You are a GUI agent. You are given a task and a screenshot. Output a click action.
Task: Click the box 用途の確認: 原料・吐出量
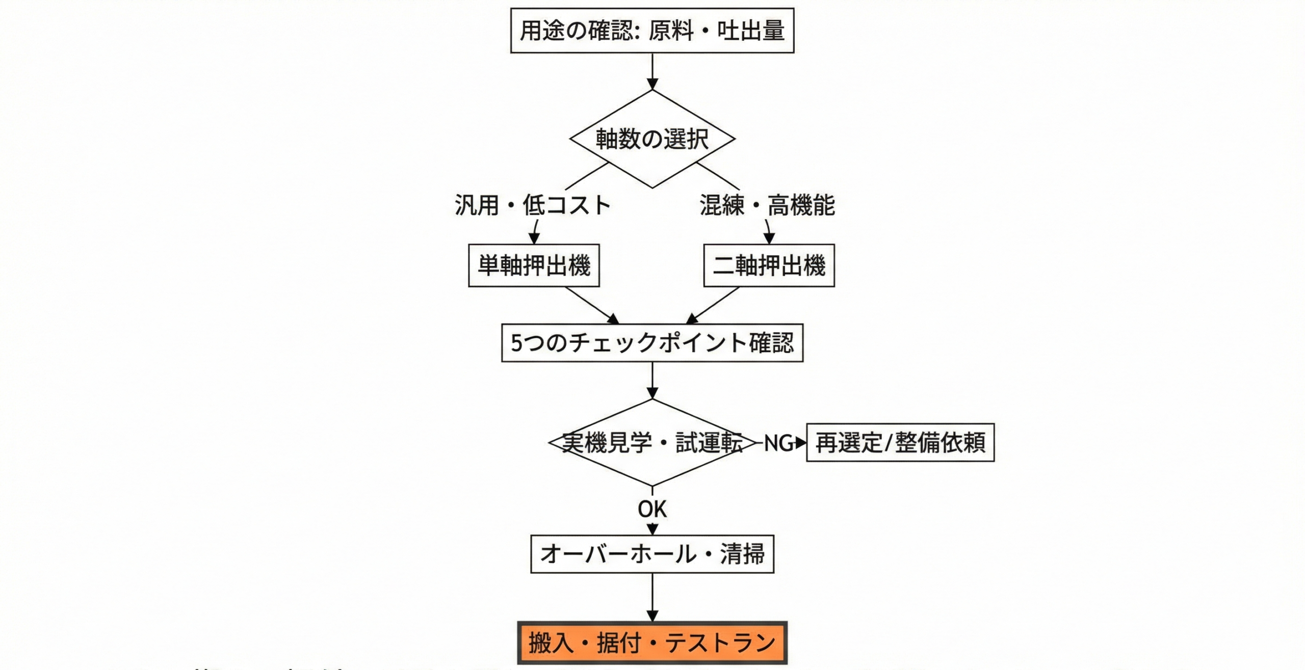[x=652, y=31]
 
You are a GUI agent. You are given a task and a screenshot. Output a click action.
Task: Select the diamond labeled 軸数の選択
[x=652, y=139]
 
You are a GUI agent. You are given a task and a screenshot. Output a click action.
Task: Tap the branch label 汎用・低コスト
[x=532, y=205]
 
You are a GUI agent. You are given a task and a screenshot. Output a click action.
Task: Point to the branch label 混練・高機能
[x=767, y=205]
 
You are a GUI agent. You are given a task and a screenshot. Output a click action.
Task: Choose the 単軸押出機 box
[x=534, y=265]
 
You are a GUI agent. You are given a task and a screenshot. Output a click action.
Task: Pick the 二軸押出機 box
[x=769, y=265]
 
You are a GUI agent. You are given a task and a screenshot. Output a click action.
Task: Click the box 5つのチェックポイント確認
[x=652, y=343]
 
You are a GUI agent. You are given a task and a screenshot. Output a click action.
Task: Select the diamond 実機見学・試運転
[x=652, y=443]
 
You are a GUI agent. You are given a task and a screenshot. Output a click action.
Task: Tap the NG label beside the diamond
[x=778, y=443]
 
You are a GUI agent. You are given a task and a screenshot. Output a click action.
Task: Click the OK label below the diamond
[x=652, y=509]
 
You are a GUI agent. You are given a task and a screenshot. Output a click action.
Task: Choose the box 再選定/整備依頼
[x=900, y=443]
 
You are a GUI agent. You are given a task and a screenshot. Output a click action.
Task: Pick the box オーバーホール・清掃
[x=652, y=554]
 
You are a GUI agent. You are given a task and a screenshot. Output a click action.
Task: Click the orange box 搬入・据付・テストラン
[x=652, y=643]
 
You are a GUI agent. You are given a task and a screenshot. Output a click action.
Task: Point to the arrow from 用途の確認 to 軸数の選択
[x=652, y=71]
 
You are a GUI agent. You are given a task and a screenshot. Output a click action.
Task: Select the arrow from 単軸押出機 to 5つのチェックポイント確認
[x=591, y=305]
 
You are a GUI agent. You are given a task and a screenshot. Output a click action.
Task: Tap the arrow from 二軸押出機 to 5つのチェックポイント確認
[x=714, y=305]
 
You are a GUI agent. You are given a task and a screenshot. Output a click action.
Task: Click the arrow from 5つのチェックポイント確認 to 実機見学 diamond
[x=652, y=380]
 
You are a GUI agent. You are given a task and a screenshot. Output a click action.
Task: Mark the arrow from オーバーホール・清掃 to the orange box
[x=652, y=597]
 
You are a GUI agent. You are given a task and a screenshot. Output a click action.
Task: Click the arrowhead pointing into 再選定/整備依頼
[x=801, y=443]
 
